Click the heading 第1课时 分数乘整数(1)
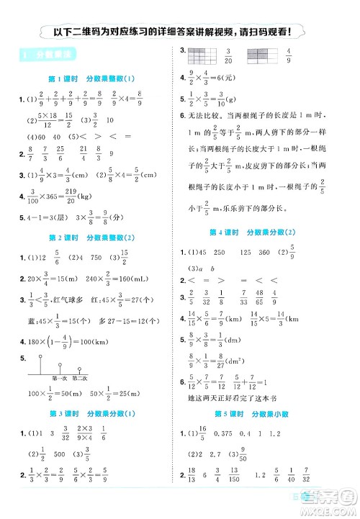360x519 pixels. click(x=91, y=78)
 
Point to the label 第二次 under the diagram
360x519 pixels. click(x=80, y=376)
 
